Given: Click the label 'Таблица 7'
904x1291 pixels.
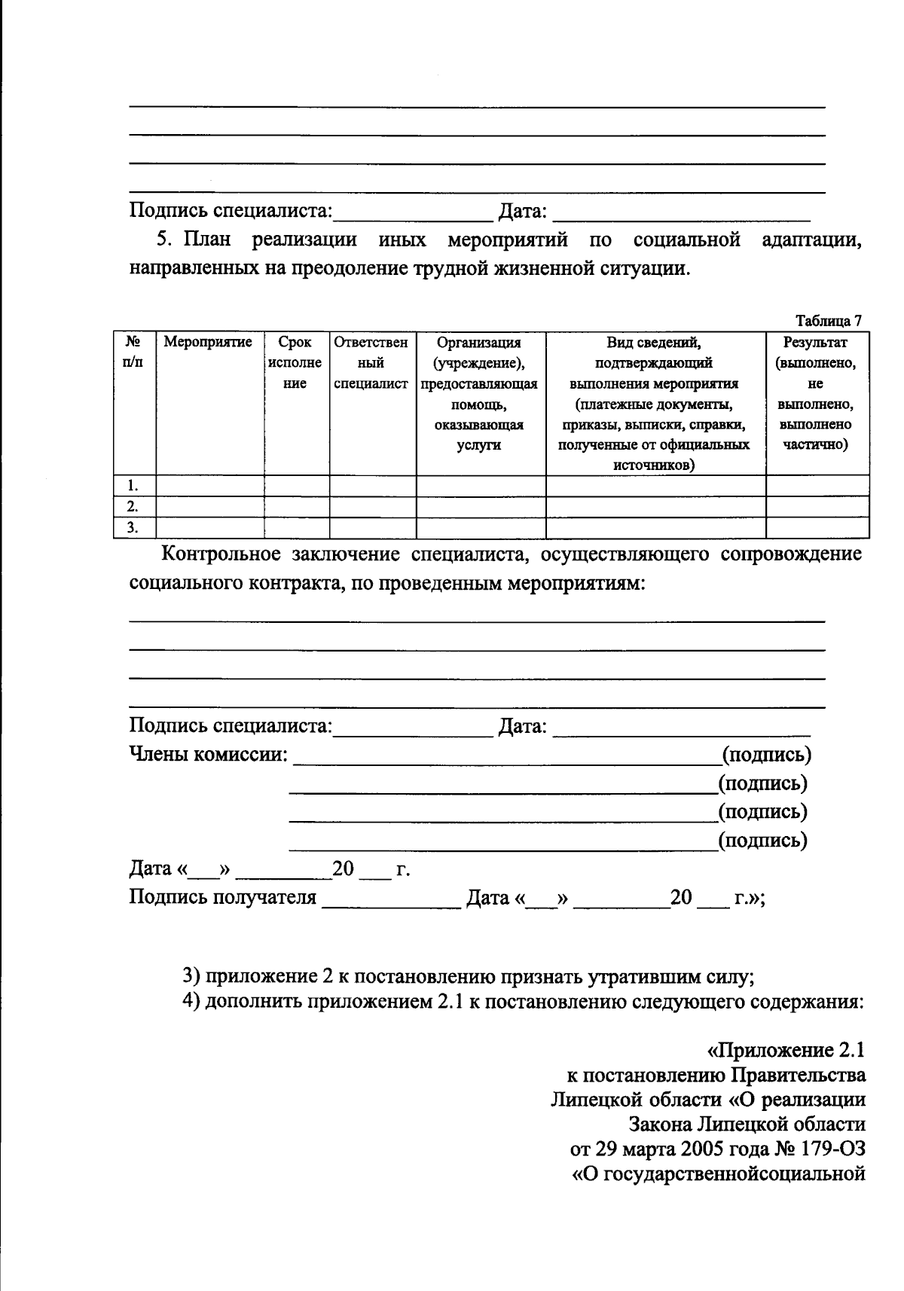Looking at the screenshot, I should click(x=828, y=321).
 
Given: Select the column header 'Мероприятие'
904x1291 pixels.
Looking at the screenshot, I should click(x=208, y=343).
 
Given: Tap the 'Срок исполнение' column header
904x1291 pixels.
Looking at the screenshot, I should click(x=295, y=362).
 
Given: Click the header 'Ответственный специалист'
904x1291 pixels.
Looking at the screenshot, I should click(x=371, y=362).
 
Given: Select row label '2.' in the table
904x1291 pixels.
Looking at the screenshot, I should click(x=133, y=506).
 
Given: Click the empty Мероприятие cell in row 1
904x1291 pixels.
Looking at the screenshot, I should click(x=209, y=486).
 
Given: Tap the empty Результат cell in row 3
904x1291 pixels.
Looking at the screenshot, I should click(x=817, y=527).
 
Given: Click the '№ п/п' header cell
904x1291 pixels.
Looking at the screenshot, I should click(x=133, y=352).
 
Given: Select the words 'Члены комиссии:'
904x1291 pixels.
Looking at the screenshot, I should click(x=209, y=755).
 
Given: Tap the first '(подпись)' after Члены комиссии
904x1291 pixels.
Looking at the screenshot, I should click(x=766, y=755).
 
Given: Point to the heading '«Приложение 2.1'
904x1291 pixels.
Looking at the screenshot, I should click(x=784, y=1051).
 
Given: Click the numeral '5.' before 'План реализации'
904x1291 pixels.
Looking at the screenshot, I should click(x=165, y=240).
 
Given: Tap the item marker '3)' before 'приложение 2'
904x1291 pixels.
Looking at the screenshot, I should click(x=191, y=977).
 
